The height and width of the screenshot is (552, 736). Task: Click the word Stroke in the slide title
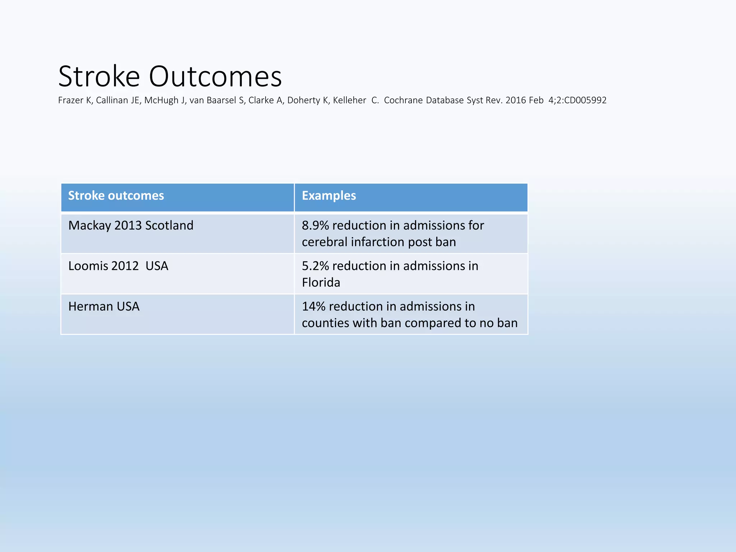pos(99,77)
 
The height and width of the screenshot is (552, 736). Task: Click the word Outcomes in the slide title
pos(215,77)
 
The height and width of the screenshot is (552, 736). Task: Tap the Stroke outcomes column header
pos(116,195)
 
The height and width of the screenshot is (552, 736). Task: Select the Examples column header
pos(329,195)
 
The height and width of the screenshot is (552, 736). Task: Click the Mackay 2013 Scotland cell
pos(131,225)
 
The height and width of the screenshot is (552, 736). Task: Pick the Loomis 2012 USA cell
pos(118,266)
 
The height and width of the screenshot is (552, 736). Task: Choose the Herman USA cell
pos(104,307)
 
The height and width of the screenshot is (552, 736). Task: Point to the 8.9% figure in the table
pos(315,225)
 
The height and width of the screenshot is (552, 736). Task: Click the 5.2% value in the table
pos(315,266)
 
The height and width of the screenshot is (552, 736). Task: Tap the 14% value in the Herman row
pos(313,307)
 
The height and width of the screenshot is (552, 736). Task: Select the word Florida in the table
pos(321,282)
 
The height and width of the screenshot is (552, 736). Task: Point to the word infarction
pos(378,242)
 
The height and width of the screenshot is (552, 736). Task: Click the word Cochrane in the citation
pos(403,100)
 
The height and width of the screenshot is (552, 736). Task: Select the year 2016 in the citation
pos(515,100)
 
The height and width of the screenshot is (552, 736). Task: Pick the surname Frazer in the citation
pos(70,100)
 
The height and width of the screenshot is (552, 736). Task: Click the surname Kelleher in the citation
pos(349,100)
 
